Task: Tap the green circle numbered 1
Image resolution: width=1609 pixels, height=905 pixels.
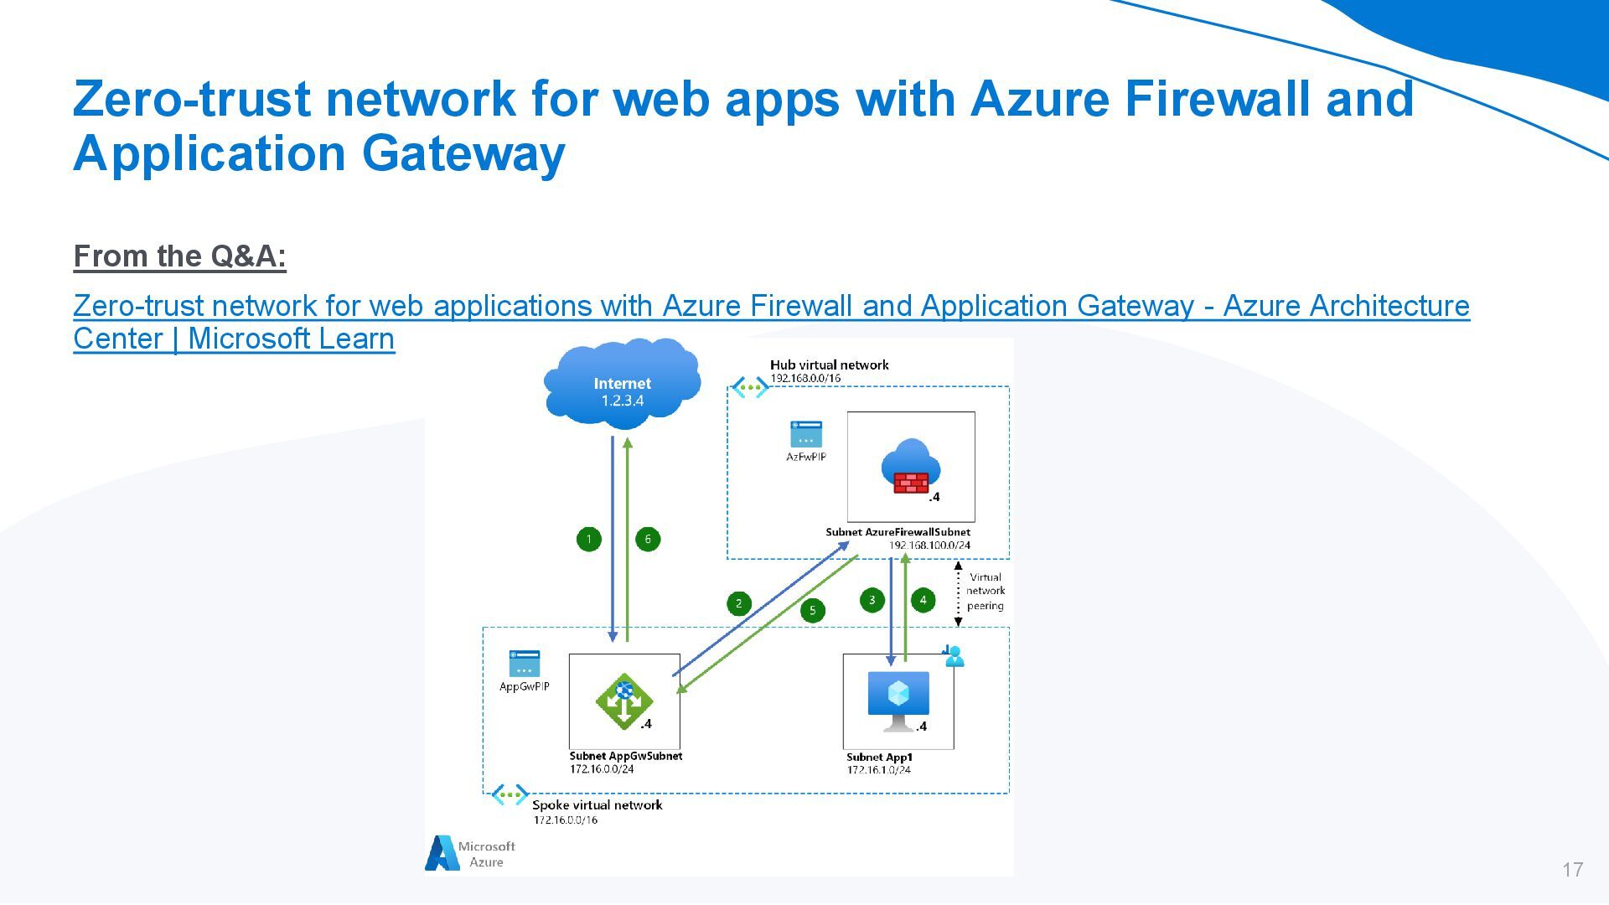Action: [x=589, y=539]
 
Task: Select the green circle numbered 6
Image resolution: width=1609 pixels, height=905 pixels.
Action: [x=648, y=539]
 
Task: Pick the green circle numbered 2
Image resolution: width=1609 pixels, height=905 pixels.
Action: [x=738, y=603]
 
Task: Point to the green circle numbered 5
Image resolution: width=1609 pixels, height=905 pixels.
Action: [x=812, y=610]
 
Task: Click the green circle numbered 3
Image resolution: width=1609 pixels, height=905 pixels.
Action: [x=872, y=600]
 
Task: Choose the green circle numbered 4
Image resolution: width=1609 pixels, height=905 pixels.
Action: [x=923, y=600]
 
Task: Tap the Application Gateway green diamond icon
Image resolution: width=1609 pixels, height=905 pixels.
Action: [x=623, y=701]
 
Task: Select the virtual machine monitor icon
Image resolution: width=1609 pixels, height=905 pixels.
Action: [x=898, y=699]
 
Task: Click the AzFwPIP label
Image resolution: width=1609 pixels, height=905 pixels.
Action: [x=805, y=458]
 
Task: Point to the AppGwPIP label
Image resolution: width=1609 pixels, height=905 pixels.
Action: [x=525, y=687]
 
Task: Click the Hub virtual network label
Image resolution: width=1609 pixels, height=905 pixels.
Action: [x=829, y=365]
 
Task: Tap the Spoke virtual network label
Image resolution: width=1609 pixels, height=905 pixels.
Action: [x=597, y=805]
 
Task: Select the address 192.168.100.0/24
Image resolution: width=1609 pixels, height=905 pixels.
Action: [x=929, y=546]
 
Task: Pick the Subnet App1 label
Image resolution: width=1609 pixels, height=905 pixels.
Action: [x=879, y=758]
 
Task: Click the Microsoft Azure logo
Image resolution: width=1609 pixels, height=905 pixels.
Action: [x=470, y=854]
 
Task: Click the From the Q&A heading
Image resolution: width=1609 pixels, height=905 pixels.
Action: [x=180, y=256]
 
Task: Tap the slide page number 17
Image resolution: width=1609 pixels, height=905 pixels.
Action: [x=1572, y=870]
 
